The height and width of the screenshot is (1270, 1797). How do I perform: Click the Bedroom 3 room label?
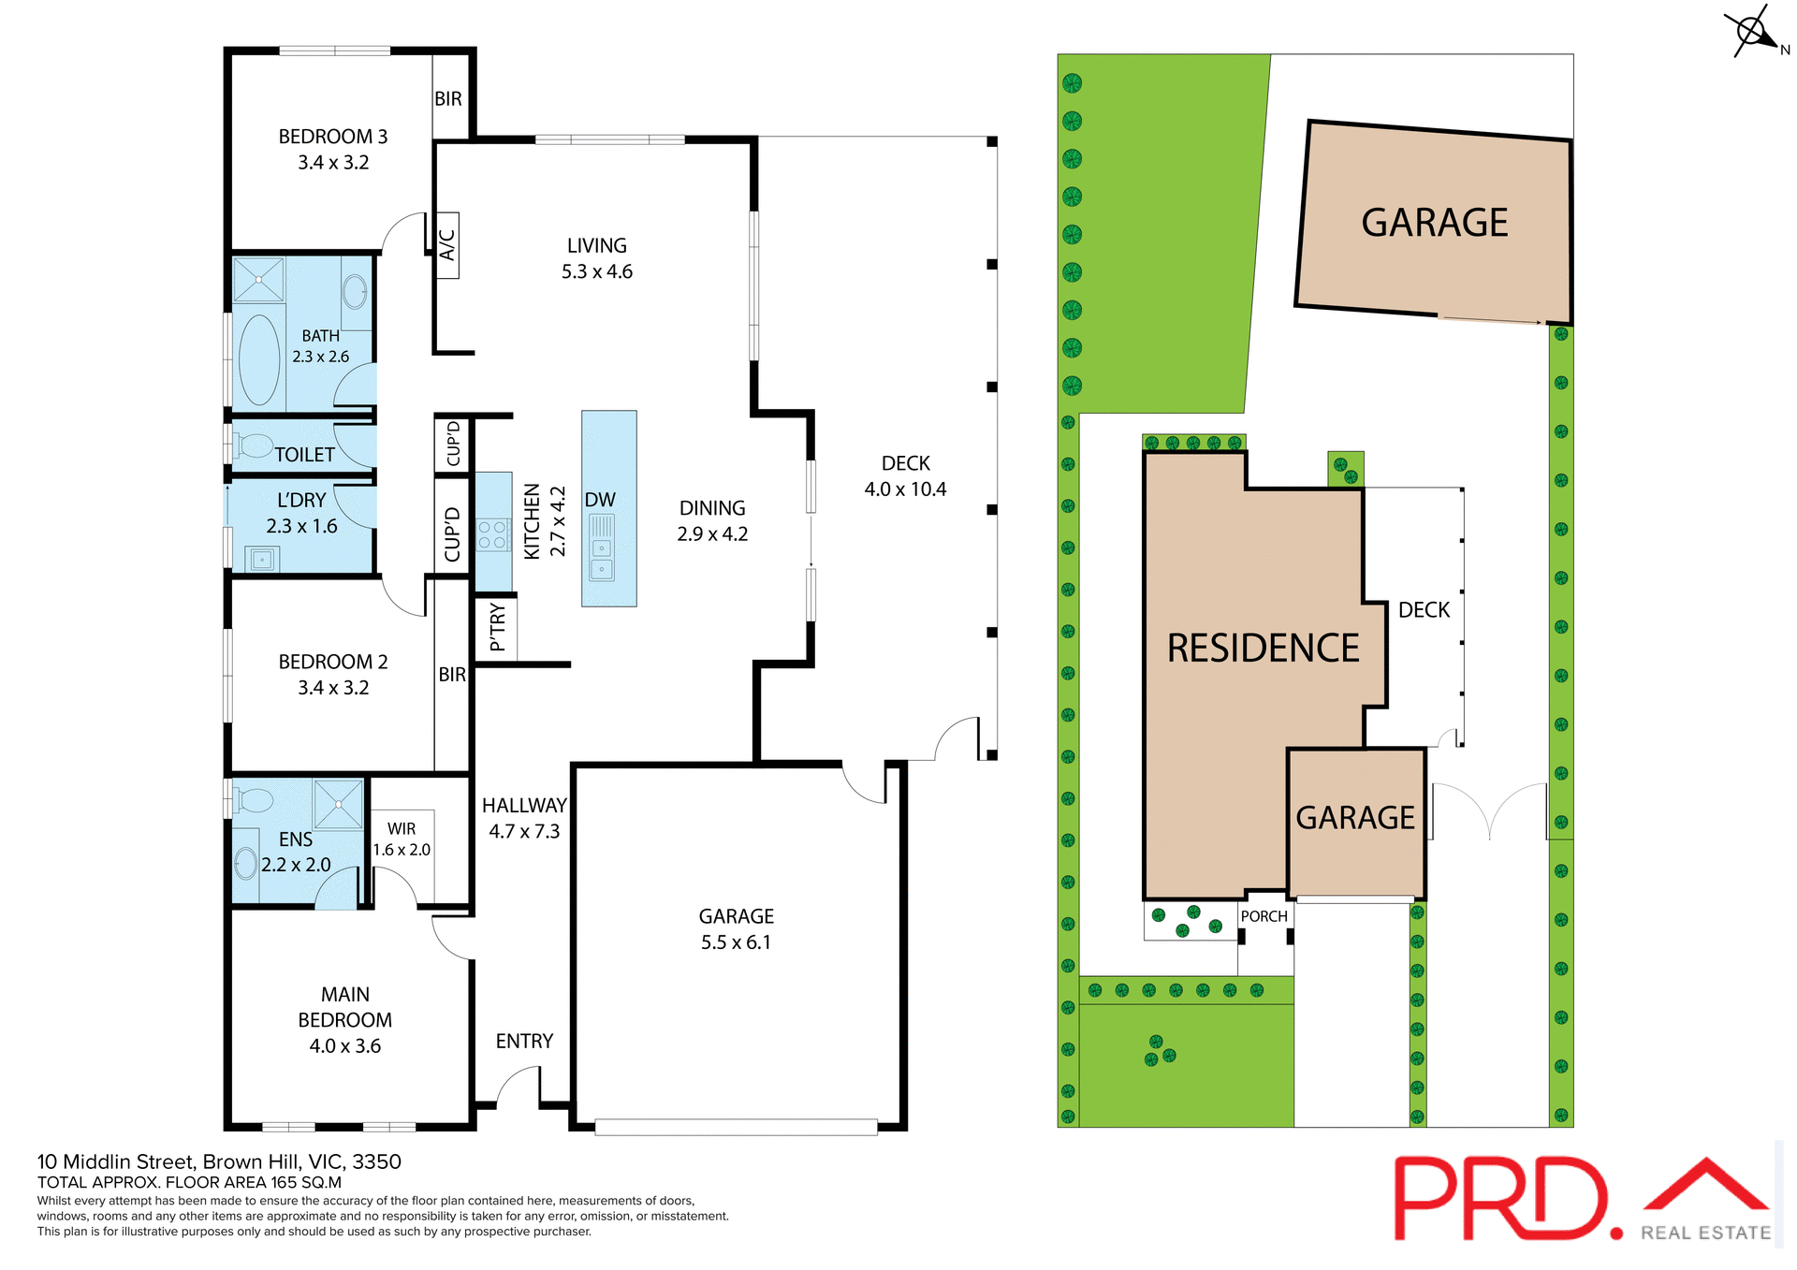click(x=332, y=137)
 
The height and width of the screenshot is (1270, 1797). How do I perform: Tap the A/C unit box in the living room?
click(x=447, y=245)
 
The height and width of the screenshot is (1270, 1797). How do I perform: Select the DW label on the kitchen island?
click(x=600, y=500)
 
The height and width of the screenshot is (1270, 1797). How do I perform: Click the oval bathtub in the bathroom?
click(x=259, y=359)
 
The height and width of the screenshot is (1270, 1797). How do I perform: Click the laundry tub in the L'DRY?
click(x=262, y=560)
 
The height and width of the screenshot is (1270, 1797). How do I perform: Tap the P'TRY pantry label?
click(x=497, y=627)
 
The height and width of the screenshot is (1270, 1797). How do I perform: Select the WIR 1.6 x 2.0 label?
click(x=402, y=839)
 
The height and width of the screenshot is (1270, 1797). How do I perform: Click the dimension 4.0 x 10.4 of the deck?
click(x=905, y=489)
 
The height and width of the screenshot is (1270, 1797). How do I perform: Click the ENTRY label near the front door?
click(x=524, y=1042)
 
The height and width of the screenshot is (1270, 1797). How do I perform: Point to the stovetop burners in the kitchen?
click(x=492, y=535)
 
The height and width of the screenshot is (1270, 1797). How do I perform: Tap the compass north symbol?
click(x=1753, y=33)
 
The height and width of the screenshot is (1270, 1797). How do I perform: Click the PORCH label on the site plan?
click(x=1264, y=916)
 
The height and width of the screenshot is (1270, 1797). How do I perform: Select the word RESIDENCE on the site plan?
click(x=1263, y=649)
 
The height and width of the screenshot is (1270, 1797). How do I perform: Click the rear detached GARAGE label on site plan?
click(x=1434, y=223)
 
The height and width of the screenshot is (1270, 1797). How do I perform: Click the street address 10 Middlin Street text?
click(x=219, y=1161)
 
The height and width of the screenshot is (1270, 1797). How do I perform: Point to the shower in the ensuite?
click(x=338, y=804)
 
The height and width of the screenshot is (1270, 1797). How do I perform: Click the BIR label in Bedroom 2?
click(x=452, y=675)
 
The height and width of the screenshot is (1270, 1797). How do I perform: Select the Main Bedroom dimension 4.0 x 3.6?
click(x=344, y=1046)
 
